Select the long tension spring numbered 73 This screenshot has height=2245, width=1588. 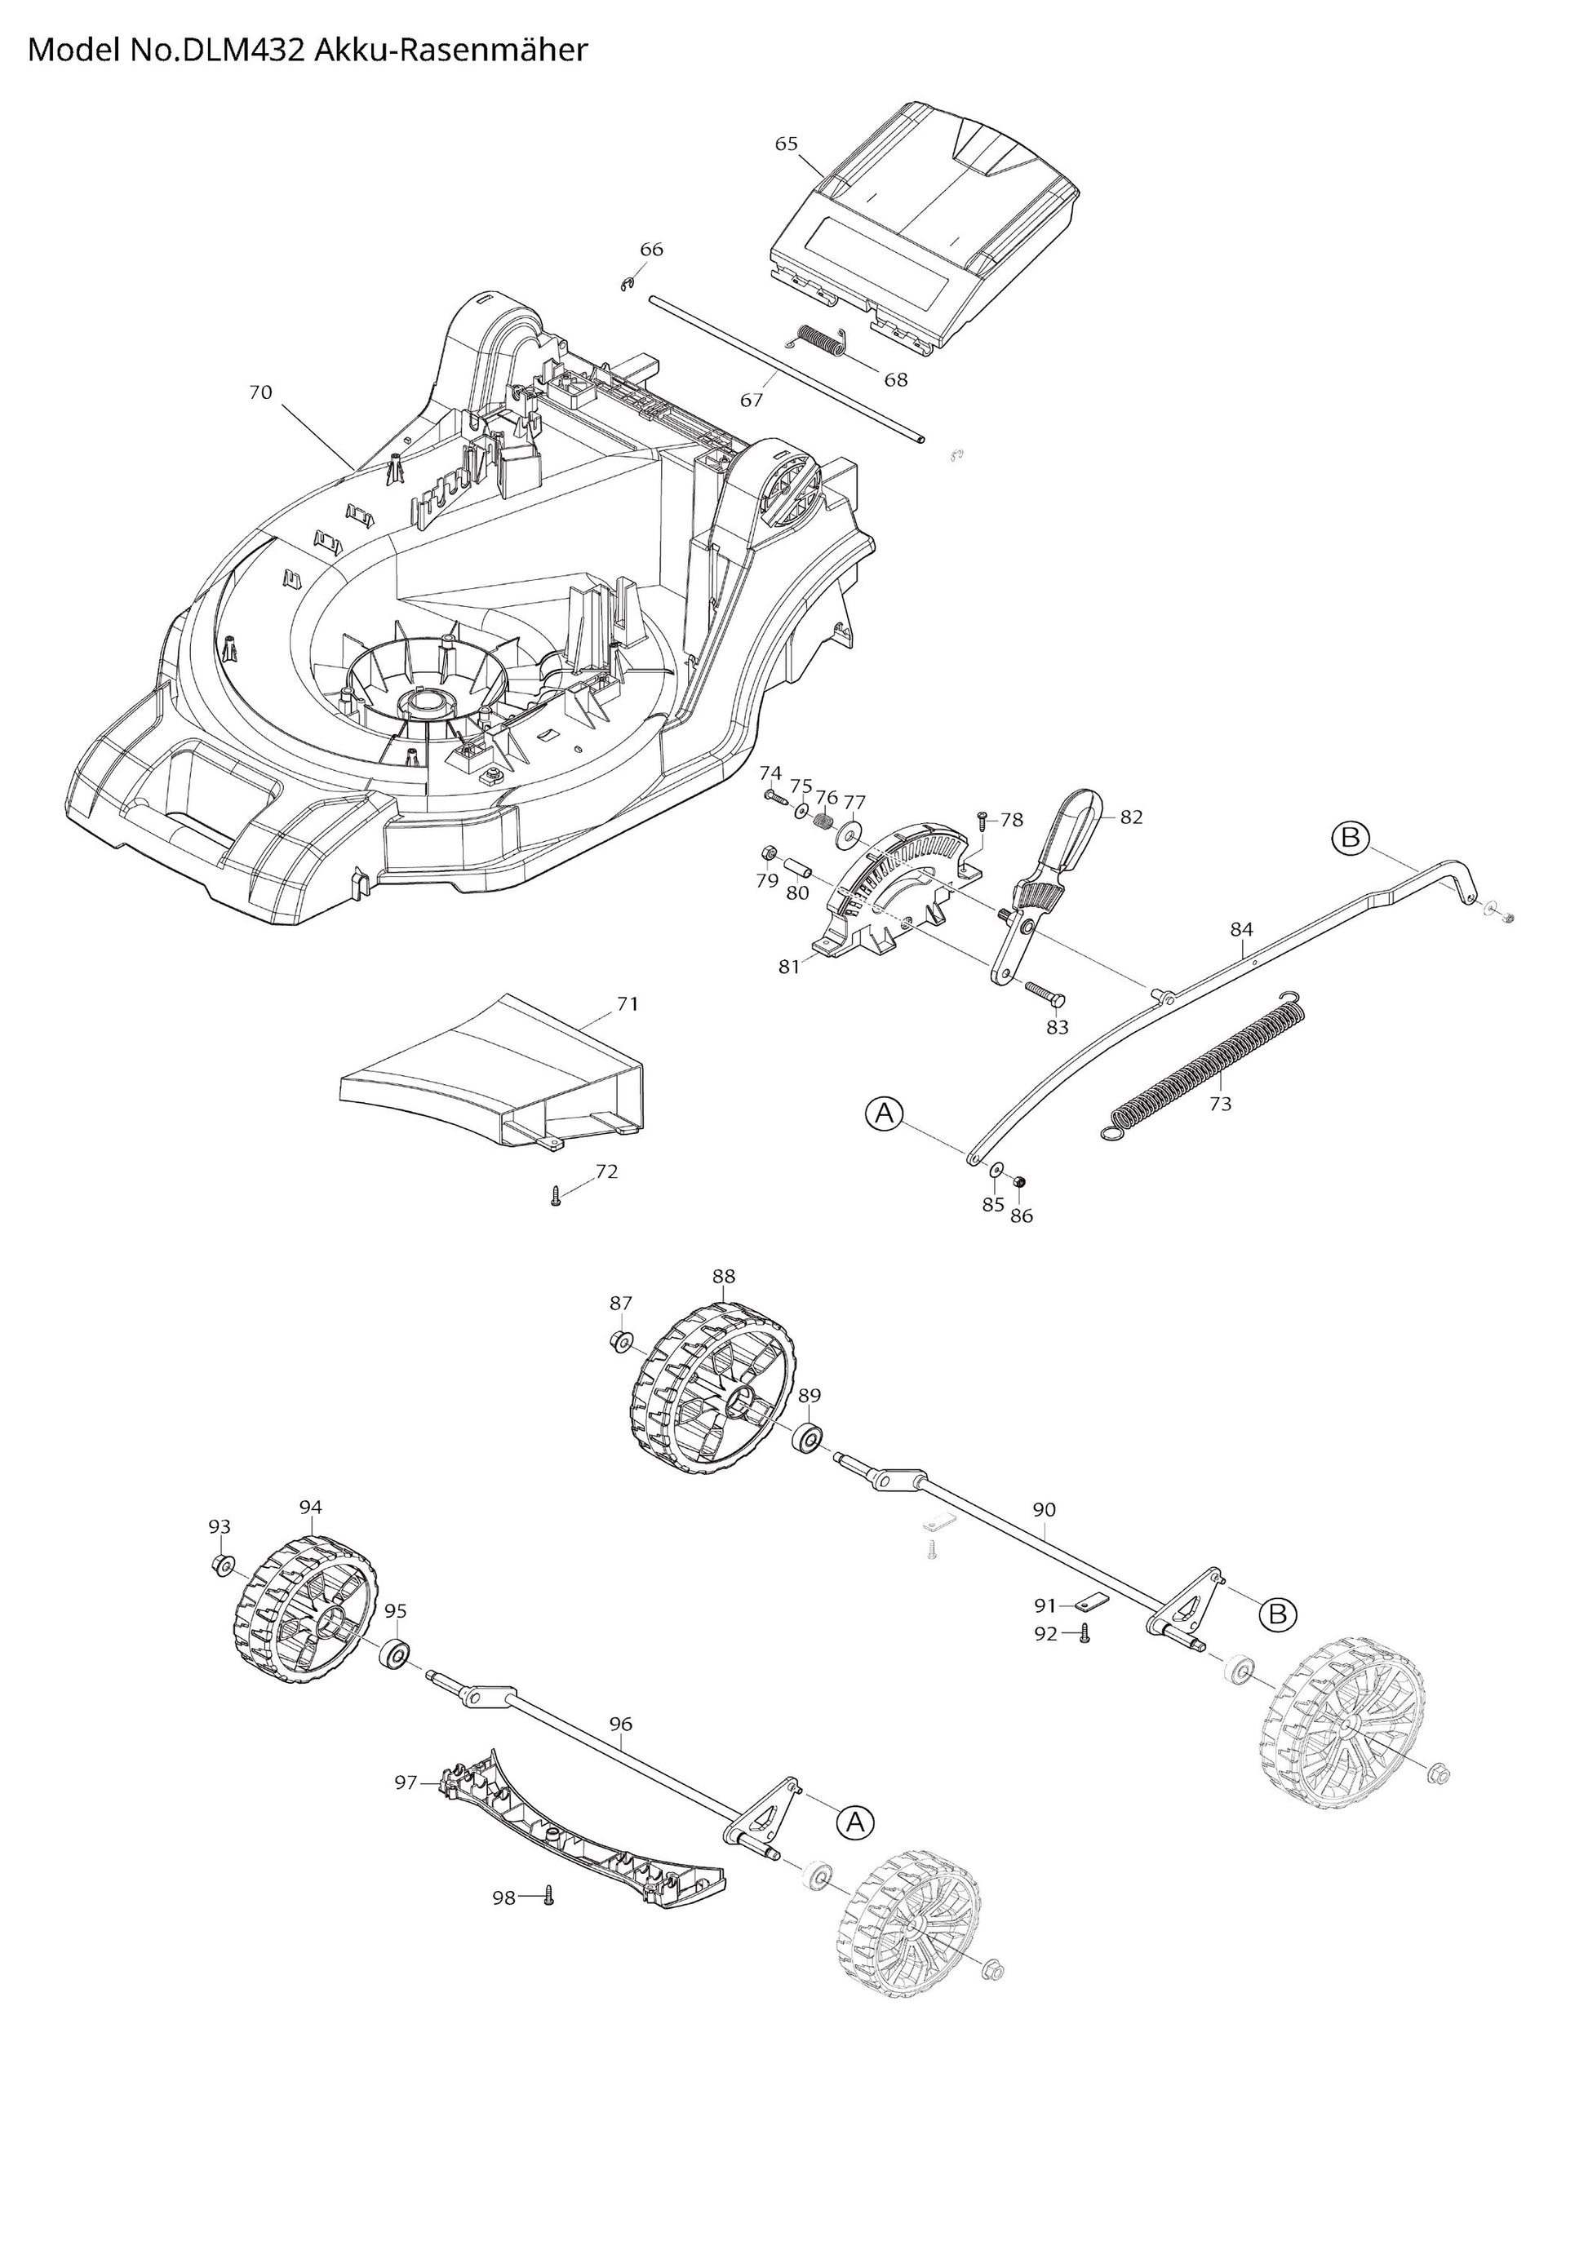(x=1208, y=1065)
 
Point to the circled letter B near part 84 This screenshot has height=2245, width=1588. (x=1351, y=838)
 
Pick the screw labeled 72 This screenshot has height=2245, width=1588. (x=556, y=1196)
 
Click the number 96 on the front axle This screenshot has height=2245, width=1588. (x=621, y=1724)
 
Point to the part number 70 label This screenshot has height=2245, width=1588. (x=260, y=392)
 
